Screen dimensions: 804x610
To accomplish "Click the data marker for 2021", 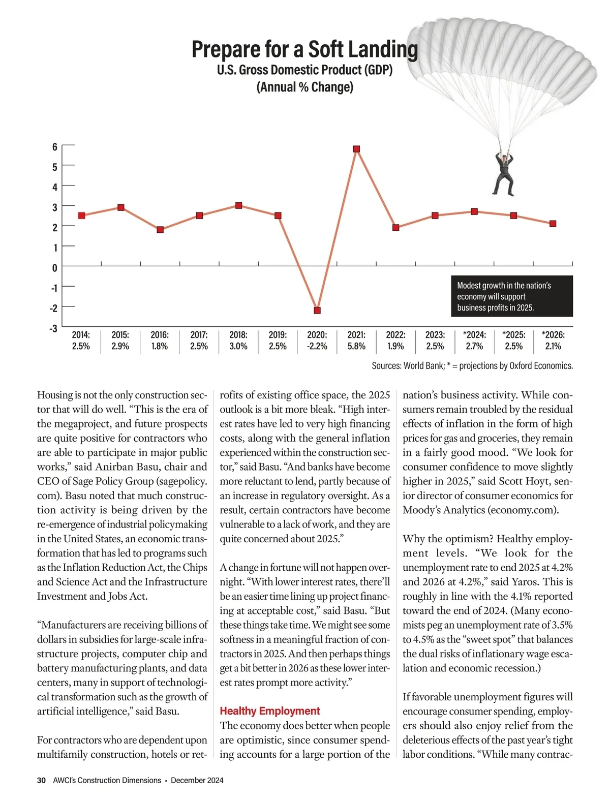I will [x=356, y=149].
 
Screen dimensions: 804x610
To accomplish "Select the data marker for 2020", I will [x=317, y=310].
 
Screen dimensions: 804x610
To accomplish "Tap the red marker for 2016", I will [x=160, y=230].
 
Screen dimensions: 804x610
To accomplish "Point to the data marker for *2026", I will [x=553, y=224].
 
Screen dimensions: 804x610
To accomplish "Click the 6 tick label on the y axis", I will [x=55, y=147].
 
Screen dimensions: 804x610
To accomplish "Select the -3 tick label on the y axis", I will [x=53, y=328].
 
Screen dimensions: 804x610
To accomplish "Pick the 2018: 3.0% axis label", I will [x=238, y=341].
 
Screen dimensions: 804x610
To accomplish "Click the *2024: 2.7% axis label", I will [x=474, y=341].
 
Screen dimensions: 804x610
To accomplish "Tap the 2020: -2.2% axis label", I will [x=317, y=341].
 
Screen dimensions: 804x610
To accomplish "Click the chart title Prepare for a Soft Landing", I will [x=304, y=49].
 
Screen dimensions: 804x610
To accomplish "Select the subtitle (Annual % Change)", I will [x=304, y=87].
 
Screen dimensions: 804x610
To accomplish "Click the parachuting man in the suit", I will [x=504, y=173].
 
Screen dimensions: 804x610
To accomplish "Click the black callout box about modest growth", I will [x=512, y=296].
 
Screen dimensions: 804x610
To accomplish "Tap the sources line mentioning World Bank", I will [x=472, y=365].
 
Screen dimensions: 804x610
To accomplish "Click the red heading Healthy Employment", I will [x=270, y=711].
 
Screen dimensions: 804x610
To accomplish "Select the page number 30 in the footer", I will [x=42, y=780].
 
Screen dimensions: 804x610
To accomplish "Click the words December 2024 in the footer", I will [x=197, y=780].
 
